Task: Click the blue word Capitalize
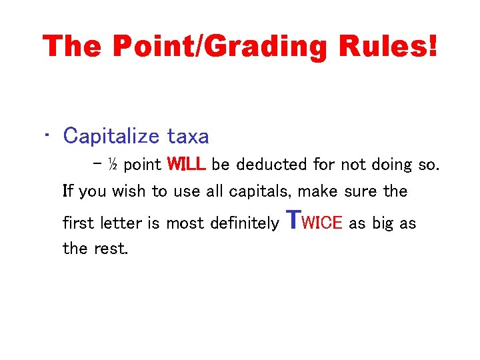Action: click(111, 137)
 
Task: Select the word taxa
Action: click(188, 137)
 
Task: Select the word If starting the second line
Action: click(68, 192)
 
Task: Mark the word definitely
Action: click(245, 223)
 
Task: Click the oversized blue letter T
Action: click(293, 218)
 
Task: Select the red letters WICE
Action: click(322, 223)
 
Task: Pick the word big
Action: click(383, 223)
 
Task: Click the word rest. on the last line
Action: click(113, 249)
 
